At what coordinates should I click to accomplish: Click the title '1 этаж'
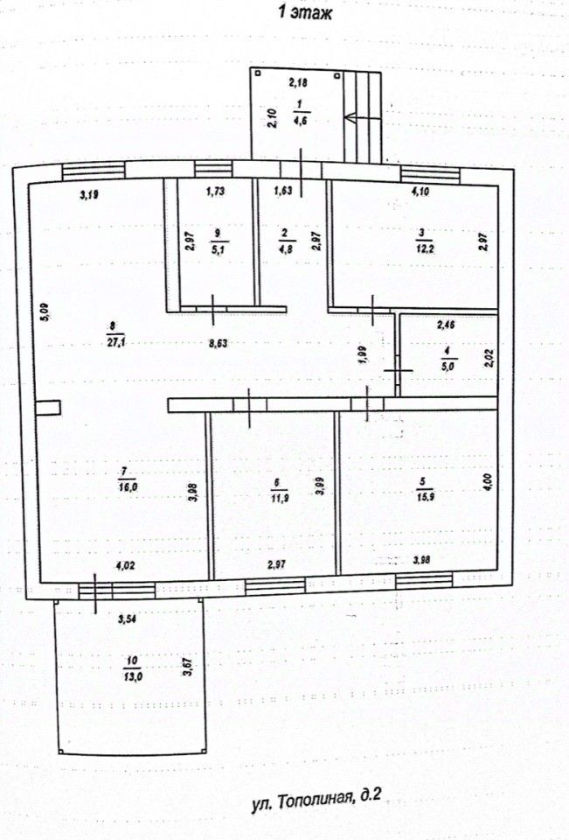click(304, 12)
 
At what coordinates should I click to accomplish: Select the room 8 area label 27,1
click(112, 335)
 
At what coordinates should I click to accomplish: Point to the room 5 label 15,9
click(422, 486)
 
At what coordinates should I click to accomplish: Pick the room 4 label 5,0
click(447, 361)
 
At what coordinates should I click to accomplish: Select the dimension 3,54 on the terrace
click(128, 621)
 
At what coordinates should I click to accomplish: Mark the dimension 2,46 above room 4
click(448, 325)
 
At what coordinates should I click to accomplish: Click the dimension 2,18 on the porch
click(299, 84)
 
